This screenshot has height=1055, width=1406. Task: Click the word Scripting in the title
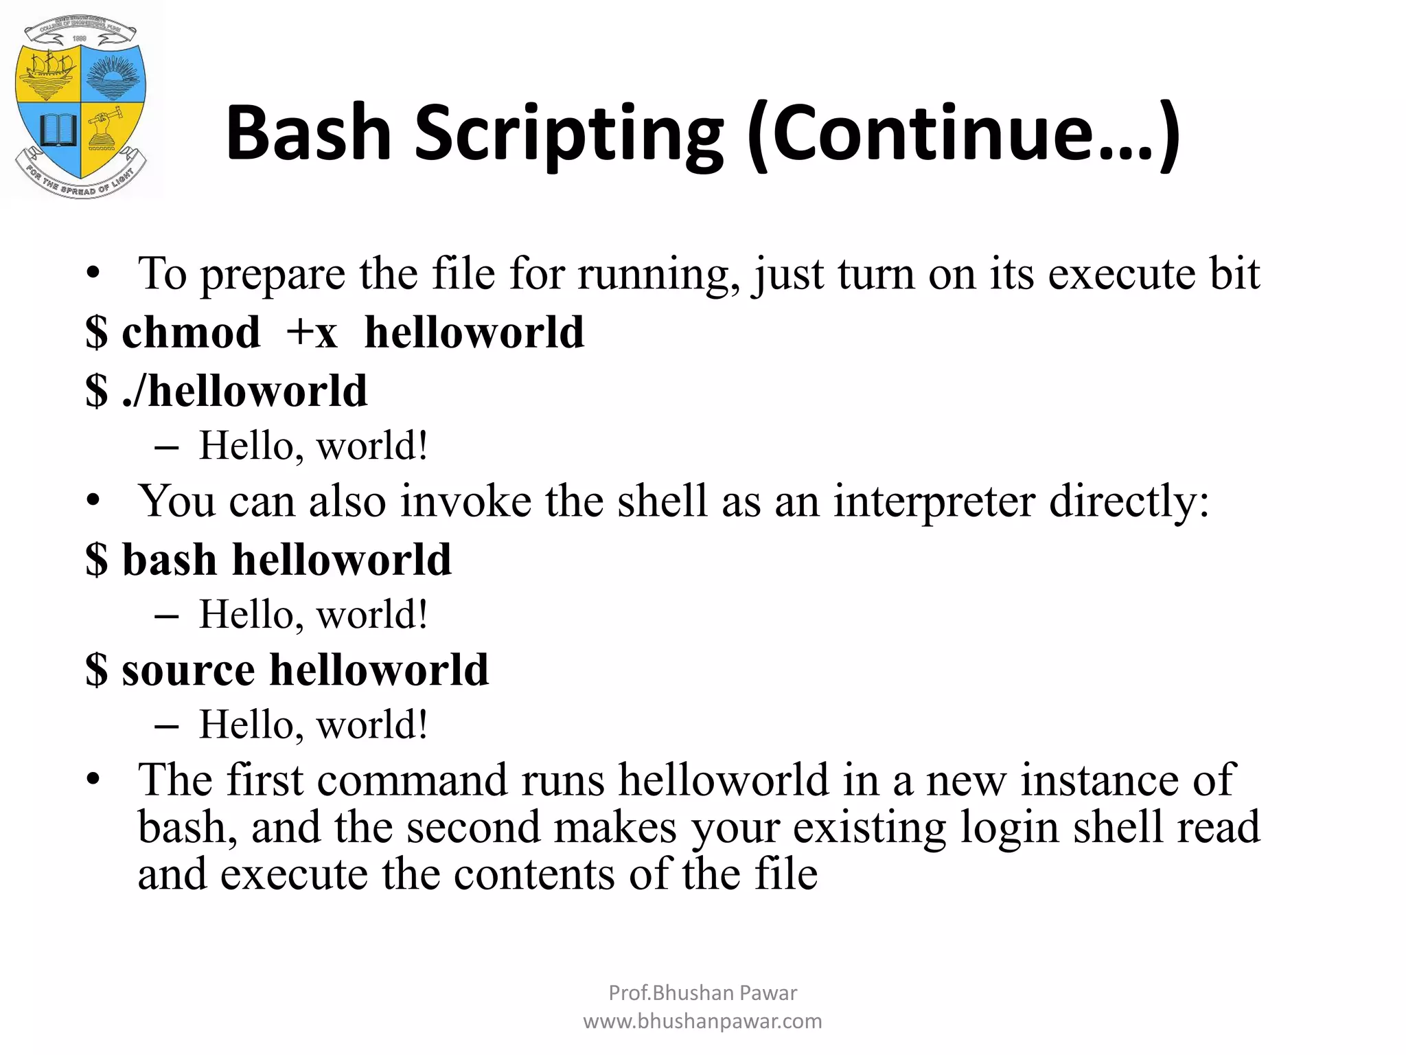(568, 134)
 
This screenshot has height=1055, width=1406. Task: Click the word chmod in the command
(191, 333)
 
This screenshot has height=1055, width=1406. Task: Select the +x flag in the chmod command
(312, 333)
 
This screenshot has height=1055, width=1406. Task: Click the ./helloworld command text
(244, 392)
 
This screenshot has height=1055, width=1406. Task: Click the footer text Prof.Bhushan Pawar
(702, 993)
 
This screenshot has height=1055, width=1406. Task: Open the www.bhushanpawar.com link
(702, 1022)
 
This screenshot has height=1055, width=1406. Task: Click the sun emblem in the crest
(112, 74)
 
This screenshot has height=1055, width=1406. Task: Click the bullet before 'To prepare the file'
(93, 274)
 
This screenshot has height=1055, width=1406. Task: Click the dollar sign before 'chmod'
(97, 333)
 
